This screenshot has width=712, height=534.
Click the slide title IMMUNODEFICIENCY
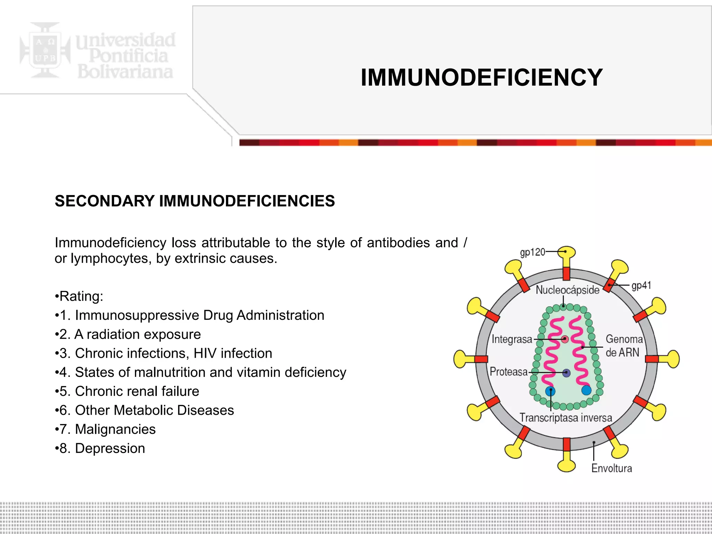pyautogui.click(x=482, y=77)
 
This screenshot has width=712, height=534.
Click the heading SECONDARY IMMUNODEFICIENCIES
pyautogui.click(x=195, y=201)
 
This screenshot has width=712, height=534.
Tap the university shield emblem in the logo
pyautogui.click(x=45, y=50)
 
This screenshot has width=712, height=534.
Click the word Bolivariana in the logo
pyautogui.click(x=125, y=72)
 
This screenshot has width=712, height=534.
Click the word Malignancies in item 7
pyautogui.click(x=115, y=429)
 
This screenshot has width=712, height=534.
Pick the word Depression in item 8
pyautogui.click(x=110, y=448)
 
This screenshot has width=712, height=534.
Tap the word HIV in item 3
pyautogui.click(x=205, y=353)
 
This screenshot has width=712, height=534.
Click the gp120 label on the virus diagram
pyautogui.click(x=532, y=252)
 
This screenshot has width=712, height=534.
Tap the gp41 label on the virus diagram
pyautogui.click(x=641, y=285)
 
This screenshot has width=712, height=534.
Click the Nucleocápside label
pyautogui.click(x=567, y=290)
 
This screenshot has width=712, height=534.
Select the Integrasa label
pyautogui.click(x=512, y=339)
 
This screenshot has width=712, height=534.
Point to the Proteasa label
pyautogui.click(x=509, y=372)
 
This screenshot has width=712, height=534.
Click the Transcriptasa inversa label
pyautogui.click(x=566, y=418)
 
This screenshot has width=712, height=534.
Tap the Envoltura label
pyautogui.click(x=612, y=468)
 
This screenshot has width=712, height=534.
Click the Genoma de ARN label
pyautogui.click(x=624, y=346)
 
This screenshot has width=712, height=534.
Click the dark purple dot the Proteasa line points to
pyautogui.click(x=566, y=373)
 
